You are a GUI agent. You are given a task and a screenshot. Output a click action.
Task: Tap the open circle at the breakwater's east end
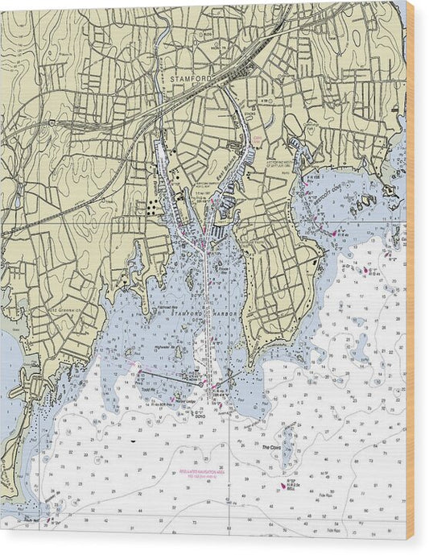tap(202, 384)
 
